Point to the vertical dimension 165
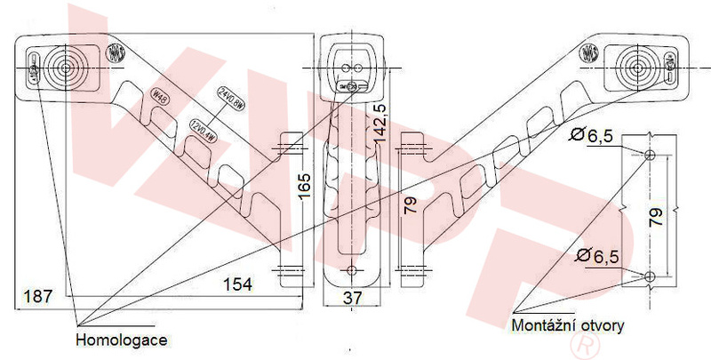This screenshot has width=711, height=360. pos(305,188)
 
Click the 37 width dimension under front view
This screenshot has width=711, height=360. pos(353,299)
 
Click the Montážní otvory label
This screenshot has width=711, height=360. pos(568,325)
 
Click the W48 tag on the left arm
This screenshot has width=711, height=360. pos(161,96)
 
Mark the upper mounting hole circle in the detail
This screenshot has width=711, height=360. pos(650,156)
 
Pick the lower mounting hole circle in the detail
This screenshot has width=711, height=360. pos(650,275)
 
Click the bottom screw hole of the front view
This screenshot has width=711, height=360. pos(354,270)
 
